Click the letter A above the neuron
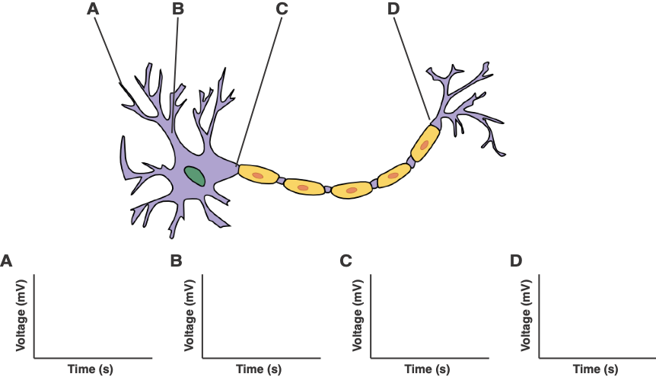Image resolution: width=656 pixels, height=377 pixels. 93,9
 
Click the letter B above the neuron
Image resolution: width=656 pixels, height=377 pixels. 178,9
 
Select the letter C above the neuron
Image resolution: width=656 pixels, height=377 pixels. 282,9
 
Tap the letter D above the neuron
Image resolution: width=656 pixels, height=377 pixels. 393,9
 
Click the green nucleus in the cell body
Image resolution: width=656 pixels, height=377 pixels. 195,176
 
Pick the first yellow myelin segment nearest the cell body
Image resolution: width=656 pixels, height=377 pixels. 258,176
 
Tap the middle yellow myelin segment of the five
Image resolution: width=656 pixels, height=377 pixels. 351,190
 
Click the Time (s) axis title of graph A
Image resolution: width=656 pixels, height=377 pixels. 91,369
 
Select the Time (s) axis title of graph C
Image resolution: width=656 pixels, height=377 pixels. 428,369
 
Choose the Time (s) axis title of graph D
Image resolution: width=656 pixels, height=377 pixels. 596,369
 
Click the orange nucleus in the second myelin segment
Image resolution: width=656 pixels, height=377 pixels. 303,187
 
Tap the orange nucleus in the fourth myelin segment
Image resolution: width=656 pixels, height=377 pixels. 393,176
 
